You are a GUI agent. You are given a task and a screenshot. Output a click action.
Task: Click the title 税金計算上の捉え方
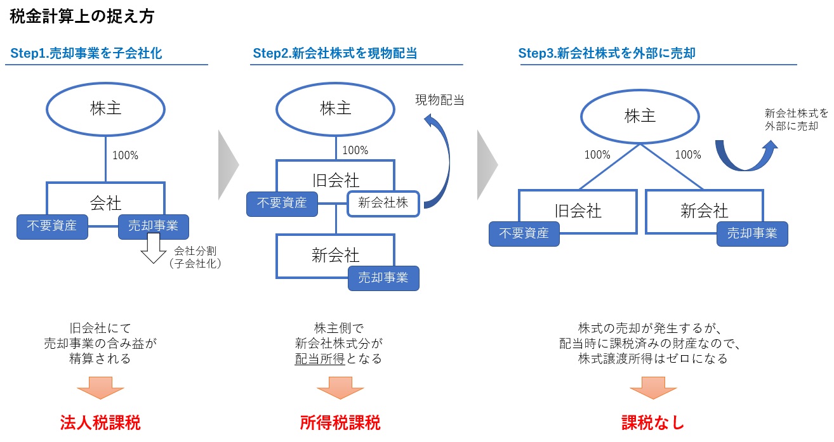tap(82, 16)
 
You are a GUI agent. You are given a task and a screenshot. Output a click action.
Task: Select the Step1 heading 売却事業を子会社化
tap(86, 53)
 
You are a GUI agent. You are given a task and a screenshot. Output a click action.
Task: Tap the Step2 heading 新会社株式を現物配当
tap(335, 53)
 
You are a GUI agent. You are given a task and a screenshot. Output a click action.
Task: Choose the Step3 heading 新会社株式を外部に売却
tap(607, 53)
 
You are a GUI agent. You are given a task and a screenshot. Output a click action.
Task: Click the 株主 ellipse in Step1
tap(105, 108)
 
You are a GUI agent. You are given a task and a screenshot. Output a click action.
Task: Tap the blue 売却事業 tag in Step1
tap(153, 226)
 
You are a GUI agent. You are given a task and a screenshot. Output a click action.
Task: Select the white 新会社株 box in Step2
tap(383, 204)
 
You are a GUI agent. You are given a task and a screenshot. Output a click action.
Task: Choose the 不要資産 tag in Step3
tap(524, 233)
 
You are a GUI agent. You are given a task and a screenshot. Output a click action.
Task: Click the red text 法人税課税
tap(100, 423)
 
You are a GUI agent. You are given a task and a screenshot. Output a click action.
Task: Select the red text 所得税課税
tap(340, 423)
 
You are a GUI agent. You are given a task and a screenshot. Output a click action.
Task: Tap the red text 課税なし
tap(652, 423)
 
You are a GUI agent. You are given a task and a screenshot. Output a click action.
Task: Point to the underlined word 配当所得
tap(319, 359)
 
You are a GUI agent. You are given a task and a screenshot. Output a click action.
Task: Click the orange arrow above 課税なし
tap(652, 387)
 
